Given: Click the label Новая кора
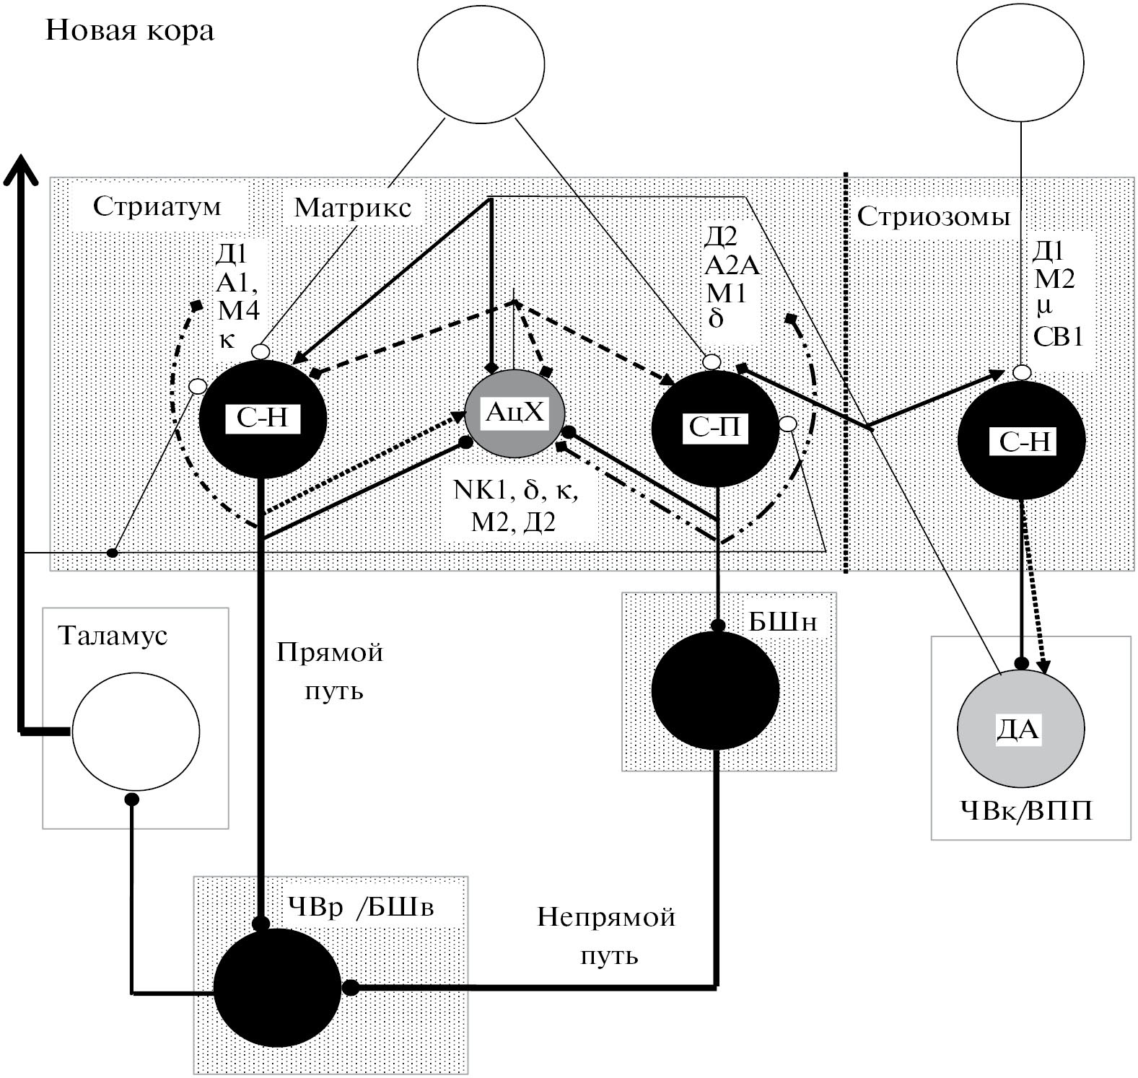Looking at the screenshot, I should pos(130,31).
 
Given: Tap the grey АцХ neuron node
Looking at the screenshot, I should pos(514,413).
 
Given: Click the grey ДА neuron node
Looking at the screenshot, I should pos(1020,730).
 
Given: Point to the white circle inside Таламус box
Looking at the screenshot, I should pos(136,731).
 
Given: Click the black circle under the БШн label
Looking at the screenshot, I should pos(715,690).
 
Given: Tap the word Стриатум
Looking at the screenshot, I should pos(157,206).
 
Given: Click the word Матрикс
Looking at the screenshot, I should pos(353,208).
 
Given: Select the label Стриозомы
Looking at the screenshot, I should pos(933,216).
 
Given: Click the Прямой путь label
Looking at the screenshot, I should pos(331,671).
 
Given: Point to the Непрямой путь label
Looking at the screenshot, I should pos(607,936).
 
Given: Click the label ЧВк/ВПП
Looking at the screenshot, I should pos(1026,812).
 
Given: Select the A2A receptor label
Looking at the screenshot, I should pos(732,266).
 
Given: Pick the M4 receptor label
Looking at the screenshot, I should pos(238,310).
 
